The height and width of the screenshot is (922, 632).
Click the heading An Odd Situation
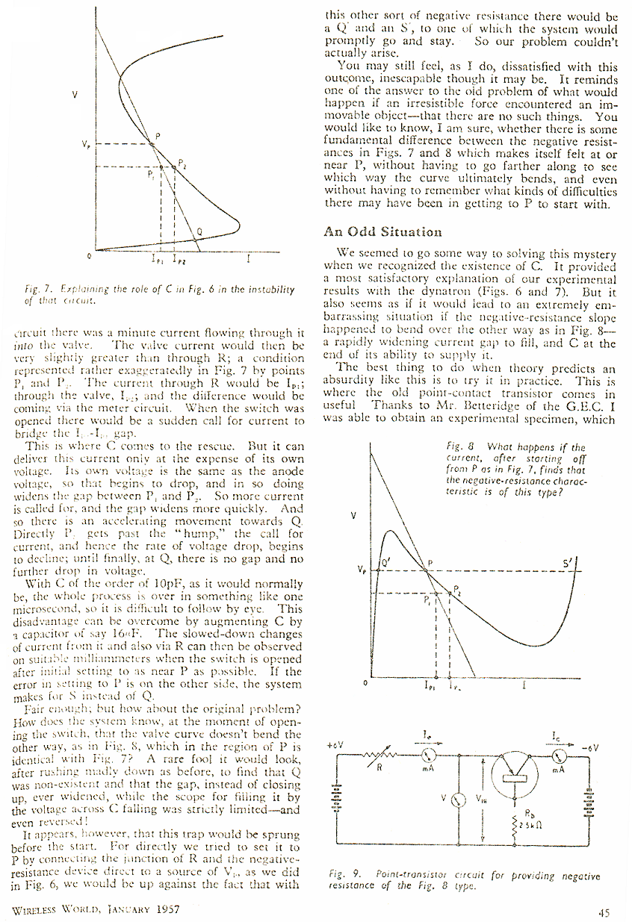(382, 232)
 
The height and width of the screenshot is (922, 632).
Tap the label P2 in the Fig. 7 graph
(182, 163)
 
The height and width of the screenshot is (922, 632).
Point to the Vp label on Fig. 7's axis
(87, 144)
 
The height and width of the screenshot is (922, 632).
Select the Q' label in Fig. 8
(387, 565)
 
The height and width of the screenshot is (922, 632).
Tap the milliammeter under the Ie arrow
(430, 754)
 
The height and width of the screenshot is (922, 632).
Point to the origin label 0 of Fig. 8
(365, 682)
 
